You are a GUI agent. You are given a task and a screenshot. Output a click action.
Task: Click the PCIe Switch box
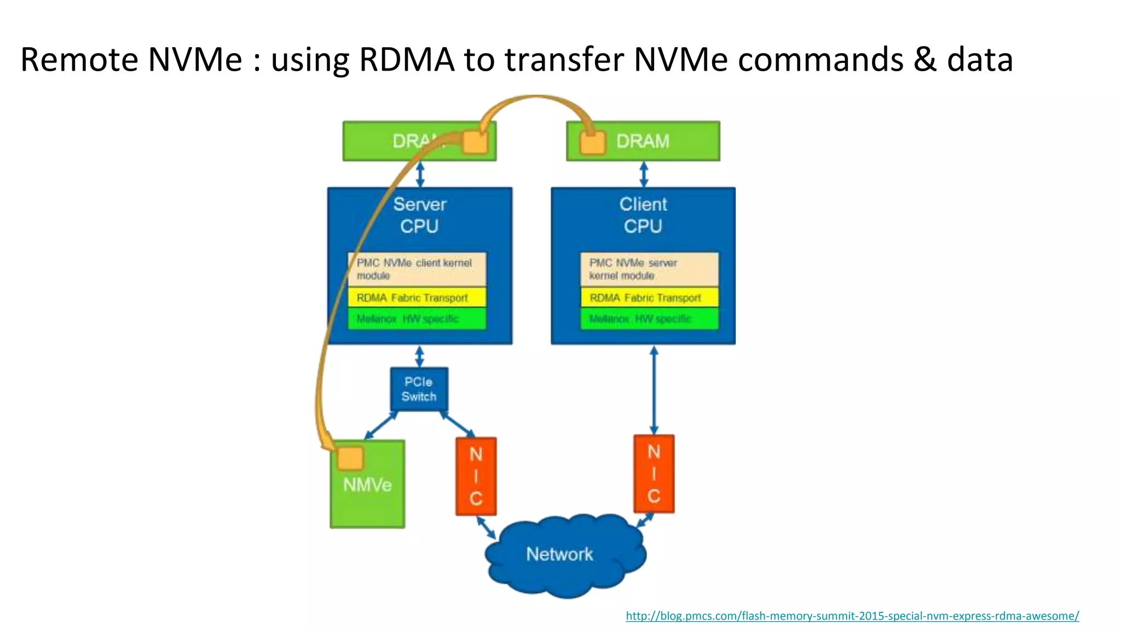(x=419, y=389)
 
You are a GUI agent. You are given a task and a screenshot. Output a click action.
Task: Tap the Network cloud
(x=560, y=554)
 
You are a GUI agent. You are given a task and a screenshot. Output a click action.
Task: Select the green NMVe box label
(x=367, y=485)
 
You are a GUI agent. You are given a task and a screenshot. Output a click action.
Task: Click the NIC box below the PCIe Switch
(x=476, y=476)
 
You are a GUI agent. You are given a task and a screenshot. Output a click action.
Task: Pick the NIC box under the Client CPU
(x=654, y=474)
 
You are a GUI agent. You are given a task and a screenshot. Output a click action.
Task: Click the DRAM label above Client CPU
(x=643, y=141)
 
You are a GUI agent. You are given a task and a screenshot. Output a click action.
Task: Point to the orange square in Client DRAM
(x=592, y=143)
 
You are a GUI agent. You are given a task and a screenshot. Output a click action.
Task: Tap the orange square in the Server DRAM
(x=475, y=142)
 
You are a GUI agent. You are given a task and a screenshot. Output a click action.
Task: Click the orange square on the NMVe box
(x=350, y=458)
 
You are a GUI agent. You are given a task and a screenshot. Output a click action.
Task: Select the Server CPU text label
(x=419, y=215)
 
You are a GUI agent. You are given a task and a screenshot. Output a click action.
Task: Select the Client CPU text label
(x=643, y=215)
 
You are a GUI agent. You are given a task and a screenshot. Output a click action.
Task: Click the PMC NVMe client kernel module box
(x=417, y=269)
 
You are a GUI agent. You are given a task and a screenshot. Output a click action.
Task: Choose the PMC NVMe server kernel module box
(x=649, y=269)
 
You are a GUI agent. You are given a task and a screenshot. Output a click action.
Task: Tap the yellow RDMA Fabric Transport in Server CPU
(x=417, y=297)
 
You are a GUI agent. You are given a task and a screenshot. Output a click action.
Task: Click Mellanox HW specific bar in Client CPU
(x=649, y=319)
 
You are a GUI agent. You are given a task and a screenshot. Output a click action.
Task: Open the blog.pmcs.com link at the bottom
(x=852, y=616)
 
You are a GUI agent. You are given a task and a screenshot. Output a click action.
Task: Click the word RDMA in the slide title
(x=407, y=59)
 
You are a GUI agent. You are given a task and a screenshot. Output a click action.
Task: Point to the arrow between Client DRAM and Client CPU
(x=644, y=174)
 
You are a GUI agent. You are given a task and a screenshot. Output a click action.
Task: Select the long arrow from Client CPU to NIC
(x=654, y=390)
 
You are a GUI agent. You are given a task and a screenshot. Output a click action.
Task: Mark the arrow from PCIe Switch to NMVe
(x=381, y=426)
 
